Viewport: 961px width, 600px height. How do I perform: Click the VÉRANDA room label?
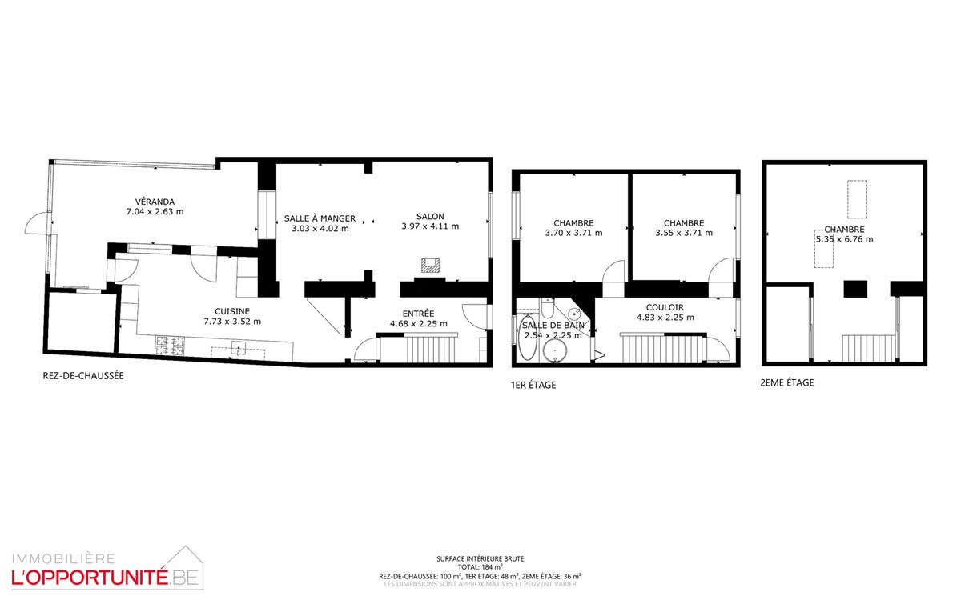pyautogui.click(x=155, y=202)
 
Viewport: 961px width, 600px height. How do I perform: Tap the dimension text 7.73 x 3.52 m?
pyautogui.click(x=232, y=322)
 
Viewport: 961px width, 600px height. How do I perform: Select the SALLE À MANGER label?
pyautogui.click(x=320, y=218)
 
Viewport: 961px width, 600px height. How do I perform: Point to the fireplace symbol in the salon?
pyautogui.click(x=430, y=266)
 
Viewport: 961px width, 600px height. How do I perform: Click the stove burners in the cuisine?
pyautogui.click(x=170, y=346)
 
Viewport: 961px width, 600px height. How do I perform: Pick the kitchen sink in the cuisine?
pyautogui.click(x=238, y=347)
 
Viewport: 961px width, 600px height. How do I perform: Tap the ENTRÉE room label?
pyautogui.click(x=418, y=314)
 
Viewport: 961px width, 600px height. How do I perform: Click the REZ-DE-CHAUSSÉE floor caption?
pyautogui.click(x=83, y=376)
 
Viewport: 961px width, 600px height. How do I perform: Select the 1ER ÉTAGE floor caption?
pyautogui.click(x=533, y=386)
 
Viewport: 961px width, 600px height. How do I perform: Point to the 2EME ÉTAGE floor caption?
pyautogui.click(x=786, y=382)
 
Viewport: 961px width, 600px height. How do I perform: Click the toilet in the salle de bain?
pyautogui.click(x=548, y=307)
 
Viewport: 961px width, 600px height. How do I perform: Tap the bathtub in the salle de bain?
pyautogui.click(x=527, y=338)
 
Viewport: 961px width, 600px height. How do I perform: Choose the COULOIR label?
pyautogui.click(x=665, y=308)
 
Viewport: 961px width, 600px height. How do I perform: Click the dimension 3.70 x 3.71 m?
pyautogui.click(x=573, y=233)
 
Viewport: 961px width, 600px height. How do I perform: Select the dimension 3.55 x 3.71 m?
pyautogui.click(x=684, y=233)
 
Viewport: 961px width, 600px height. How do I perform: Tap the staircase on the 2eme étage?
pyautogui.click(x=868, y=348)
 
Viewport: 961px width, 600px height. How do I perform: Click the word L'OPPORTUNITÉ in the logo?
pyautogui.click(x=89, y=578)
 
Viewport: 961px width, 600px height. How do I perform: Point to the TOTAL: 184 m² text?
pyautogui.click(x=480, y=567)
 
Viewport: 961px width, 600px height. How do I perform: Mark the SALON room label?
pyautogui.click(x=430, y=217)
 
